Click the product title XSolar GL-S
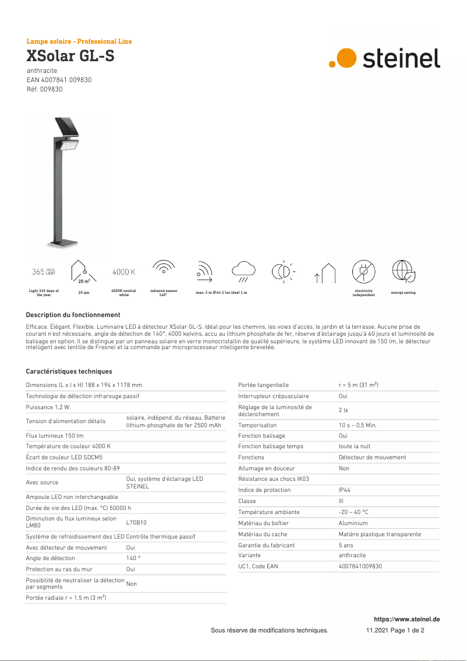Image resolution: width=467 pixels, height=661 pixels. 70,56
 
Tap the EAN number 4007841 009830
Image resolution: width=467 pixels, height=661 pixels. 59,80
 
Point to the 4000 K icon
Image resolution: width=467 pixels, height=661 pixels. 123,272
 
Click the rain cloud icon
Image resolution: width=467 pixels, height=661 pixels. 243,272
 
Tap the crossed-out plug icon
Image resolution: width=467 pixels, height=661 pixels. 363,272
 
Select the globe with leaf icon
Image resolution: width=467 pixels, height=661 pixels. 403,272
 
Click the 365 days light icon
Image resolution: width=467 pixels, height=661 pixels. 44,272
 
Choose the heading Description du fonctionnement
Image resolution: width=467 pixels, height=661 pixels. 73,315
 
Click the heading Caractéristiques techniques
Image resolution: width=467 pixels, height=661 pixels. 69,371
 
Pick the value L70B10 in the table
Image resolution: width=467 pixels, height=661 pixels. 136,523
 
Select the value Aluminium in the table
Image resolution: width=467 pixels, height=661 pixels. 353,523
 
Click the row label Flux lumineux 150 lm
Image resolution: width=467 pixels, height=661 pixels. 55,435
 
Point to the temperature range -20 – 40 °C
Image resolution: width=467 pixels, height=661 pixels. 353,512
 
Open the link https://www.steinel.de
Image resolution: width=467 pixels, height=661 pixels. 406,619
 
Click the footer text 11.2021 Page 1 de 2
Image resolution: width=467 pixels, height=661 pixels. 395,630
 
